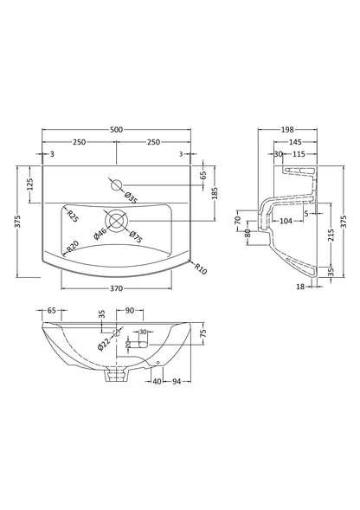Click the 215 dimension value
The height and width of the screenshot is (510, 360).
331,234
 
